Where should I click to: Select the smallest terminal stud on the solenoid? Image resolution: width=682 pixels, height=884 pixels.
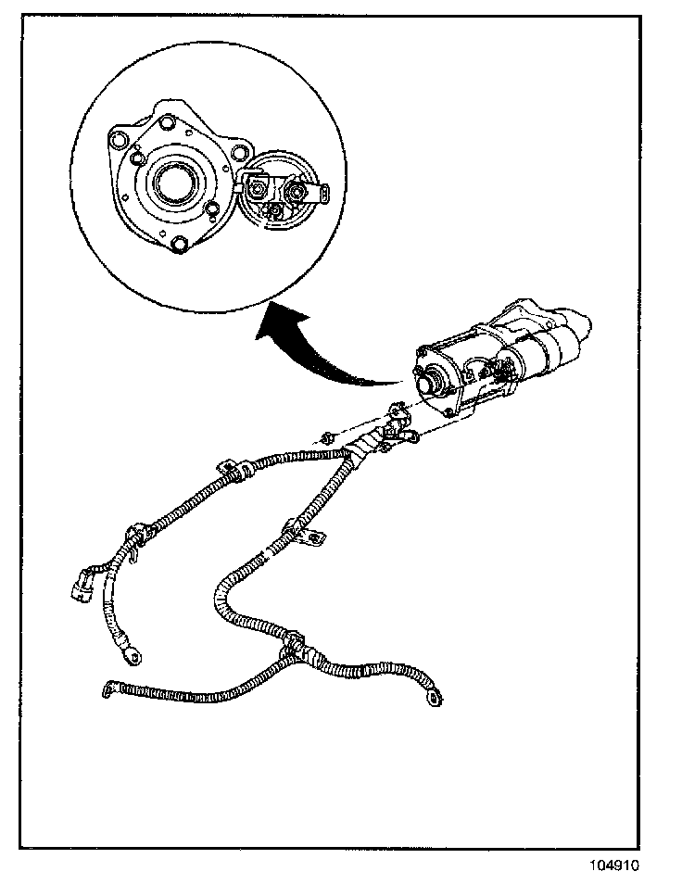click(x=274, y=212)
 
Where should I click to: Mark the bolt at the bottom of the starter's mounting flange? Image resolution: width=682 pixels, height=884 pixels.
click(x=450, y=411)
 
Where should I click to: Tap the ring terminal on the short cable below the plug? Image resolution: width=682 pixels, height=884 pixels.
click(x=134, y=656)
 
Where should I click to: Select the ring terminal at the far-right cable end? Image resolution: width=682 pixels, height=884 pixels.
click(x=431, y=701)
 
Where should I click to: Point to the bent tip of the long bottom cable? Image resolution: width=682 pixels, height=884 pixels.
click(x=107, y=688)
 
